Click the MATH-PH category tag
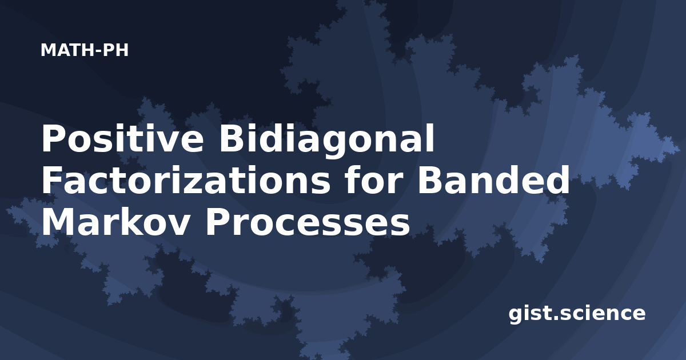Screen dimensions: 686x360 click(x=85, y=50)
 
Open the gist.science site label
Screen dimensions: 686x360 click(x=577, y=314)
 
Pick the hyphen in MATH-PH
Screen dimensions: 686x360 click(x=98, y=51)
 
